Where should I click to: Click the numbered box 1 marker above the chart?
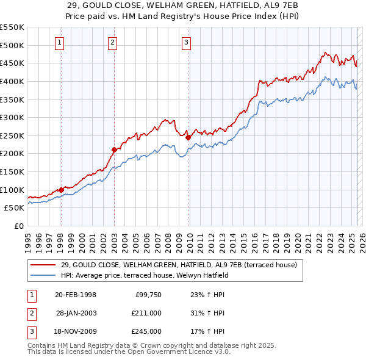pyautogui.click(x=60, y=42)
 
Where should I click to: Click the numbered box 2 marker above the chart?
pyautogui.click(x=113, y=42)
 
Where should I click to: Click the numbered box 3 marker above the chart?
pyautogui.click(x=186, y=42)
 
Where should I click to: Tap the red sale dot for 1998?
pyautogui.click(x=61, y=190)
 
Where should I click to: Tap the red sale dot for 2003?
pyautogui.click(x=114, y=149)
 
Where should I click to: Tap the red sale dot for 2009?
pyautogui.click(x=188, y=137)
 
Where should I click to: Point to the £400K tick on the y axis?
pyautogui.click(x=12, y=81)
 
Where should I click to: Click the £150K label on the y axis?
pyautogui.click(x=12, y=172)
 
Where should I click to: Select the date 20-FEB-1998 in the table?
pyautogui.click(x=75, y=295)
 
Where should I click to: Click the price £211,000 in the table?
pyautogui.click(x=146, y=313)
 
